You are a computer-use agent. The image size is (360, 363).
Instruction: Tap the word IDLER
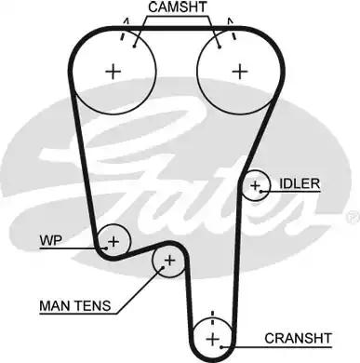click(299, 184)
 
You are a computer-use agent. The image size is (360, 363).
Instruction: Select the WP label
click(50, 240)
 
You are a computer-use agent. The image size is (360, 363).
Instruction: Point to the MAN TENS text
click(74, 303)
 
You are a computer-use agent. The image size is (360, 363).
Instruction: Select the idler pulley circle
click(255, 186)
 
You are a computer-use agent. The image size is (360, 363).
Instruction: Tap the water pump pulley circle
click(113, 241)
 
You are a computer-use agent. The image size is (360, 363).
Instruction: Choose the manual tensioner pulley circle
click(168, 262)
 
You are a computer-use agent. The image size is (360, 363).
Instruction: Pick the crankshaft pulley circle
click(212, 336)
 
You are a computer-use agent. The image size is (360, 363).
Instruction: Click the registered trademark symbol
click(351, 216)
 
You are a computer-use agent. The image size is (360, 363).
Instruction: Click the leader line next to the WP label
click(79, 240)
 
